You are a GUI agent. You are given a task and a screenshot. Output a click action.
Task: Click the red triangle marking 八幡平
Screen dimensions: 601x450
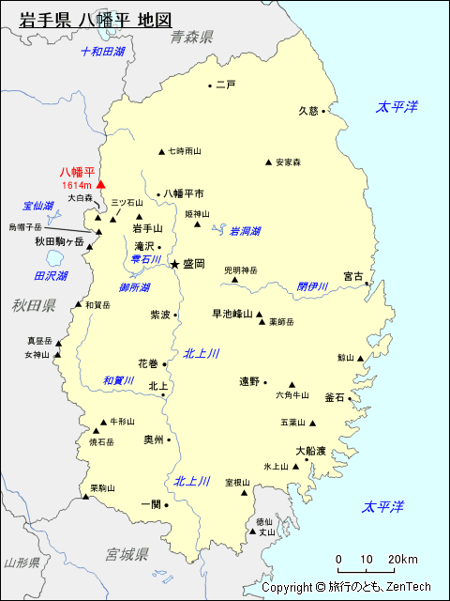[x=100, y=185]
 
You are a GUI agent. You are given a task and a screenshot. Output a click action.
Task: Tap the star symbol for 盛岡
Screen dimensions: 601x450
[x=174, y=265]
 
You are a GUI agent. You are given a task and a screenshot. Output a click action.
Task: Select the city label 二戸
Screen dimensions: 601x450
[x=225, y=85]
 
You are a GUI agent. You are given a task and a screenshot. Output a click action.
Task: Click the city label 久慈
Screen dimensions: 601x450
[x=308, y=110]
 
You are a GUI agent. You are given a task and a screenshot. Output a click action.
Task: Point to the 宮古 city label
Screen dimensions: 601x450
[x=352, y=276]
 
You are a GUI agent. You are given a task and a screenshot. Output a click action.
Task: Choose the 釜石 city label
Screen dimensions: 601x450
[x=335, y=397]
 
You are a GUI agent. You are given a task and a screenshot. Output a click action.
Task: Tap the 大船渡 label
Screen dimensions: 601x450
[x=310, y=451]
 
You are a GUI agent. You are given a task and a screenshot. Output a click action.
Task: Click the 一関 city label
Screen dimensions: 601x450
[x=150, y=503]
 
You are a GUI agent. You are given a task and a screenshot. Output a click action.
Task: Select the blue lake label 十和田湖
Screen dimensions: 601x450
[x=102, y=52]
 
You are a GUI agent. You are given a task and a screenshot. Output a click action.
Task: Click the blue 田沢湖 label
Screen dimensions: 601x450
[x=51, y=276]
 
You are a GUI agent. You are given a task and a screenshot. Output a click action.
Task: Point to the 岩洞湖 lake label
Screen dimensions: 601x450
[x=245, y=231]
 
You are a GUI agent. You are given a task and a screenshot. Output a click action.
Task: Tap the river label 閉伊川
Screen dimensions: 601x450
[x=312, y=285]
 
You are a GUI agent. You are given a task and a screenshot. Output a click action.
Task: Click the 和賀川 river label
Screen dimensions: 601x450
[x=119, y=380]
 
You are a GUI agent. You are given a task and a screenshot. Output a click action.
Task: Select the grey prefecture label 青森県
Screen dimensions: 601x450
[x=192, y=37]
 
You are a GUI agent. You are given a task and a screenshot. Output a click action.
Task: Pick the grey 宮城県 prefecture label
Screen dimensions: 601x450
[x=127, y=554]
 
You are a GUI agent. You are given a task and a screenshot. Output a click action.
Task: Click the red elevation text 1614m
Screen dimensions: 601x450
[x=76, y=186]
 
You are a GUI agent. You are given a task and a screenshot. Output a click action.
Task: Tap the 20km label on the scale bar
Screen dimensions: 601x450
[x=404, y=560]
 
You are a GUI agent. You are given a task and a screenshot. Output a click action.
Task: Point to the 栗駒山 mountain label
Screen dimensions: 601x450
[x=102, y=488]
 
